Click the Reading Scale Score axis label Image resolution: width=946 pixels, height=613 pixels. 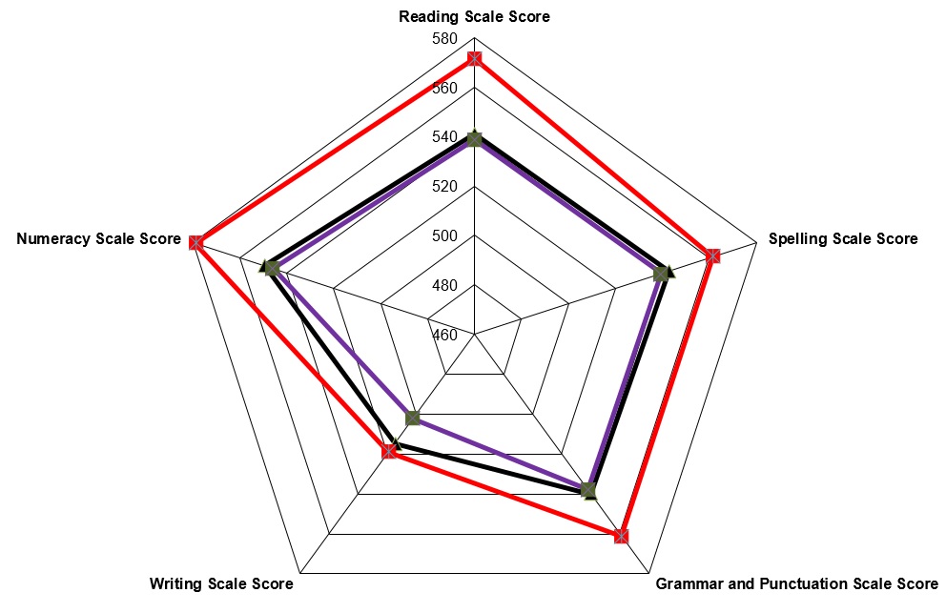coord(474,16)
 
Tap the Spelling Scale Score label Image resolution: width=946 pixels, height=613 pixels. coord(843,239)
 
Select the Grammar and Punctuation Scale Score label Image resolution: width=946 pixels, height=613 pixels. coord(797,584)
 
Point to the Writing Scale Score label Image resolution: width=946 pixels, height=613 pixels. coord(221,584)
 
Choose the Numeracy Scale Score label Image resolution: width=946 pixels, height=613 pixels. coord(99,239)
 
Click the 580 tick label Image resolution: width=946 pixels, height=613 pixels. coord(444,39)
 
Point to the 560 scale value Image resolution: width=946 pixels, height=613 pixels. coord(444,88)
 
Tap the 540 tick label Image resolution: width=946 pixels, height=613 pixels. coord(444,137)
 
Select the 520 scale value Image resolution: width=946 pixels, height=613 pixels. coord(444,187)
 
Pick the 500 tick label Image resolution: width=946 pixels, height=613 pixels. coord(444,235)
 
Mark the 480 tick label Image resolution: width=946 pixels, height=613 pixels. coord(444,285)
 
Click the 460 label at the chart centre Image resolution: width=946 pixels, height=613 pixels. coord(444,335)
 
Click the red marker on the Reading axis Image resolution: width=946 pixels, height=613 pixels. coord(474,59)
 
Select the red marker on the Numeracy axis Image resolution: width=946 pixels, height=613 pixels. coord(195,242)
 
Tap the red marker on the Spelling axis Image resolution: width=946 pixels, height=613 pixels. coord(713,255)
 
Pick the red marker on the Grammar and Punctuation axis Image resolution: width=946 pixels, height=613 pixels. coord(621,536)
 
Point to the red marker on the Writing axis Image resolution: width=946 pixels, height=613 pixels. coord(389,451)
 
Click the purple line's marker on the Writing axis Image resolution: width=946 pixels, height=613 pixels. coord(413,418)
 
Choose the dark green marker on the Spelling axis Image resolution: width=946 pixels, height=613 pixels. coord(661,274)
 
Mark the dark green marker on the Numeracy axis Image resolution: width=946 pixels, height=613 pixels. coord(272,268)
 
